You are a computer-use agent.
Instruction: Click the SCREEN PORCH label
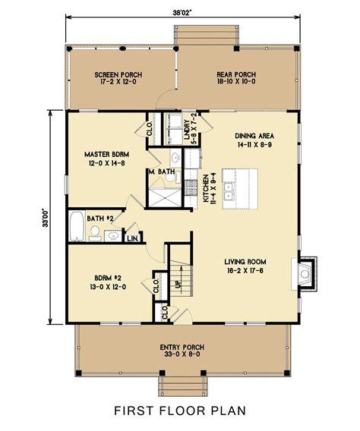tap(118, 74)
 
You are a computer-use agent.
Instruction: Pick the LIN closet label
tap(132, 238)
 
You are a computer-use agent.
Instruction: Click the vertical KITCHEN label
tap(207, 190)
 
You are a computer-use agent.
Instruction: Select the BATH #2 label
tap(99, 219)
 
